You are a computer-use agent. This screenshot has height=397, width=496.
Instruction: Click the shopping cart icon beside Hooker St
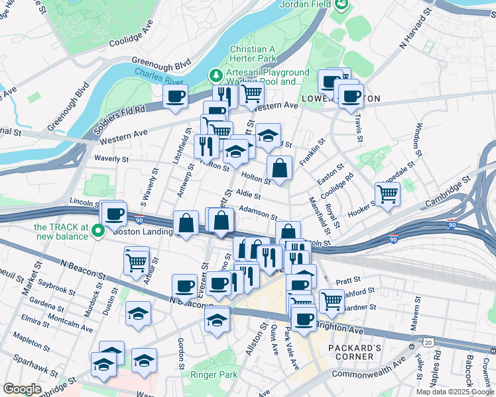tap(387, 194)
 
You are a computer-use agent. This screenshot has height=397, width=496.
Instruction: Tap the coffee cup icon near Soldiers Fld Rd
tap(176, 97)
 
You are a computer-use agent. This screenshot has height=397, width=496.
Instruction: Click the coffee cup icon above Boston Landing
tap(114, 213)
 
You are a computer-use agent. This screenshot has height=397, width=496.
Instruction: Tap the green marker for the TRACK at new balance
tap(99, 232)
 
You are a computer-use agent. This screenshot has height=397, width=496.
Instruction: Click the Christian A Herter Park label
tap(252, 54)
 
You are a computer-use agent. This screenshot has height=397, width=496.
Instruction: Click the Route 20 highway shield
tap(429, 342)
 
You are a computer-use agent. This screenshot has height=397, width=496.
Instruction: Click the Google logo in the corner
tap(22, 388)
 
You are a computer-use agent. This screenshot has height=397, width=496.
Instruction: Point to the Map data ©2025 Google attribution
tap(454, 392)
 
